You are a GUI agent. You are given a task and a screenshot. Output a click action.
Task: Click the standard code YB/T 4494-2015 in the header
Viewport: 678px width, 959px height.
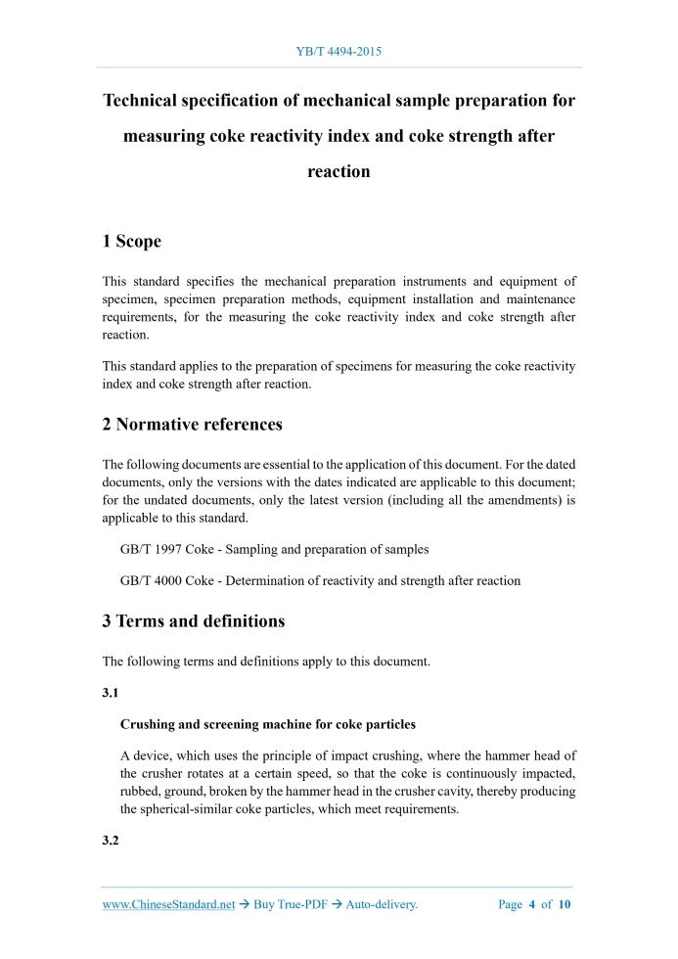339,50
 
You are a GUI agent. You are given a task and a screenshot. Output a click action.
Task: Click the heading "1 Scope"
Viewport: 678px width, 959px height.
132,241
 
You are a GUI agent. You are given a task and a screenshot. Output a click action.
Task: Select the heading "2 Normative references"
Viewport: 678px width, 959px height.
192,424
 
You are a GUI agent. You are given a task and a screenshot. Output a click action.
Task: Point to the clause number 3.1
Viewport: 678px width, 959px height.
111,692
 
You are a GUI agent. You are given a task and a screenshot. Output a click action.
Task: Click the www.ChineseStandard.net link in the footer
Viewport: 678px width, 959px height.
168,905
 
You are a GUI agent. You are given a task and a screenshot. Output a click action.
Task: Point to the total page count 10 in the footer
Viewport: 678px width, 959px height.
564,905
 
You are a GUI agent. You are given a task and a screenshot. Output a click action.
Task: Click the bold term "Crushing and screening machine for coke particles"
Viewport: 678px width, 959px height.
267,725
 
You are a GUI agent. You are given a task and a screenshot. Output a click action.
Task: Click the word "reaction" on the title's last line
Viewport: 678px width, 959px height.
339,171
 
